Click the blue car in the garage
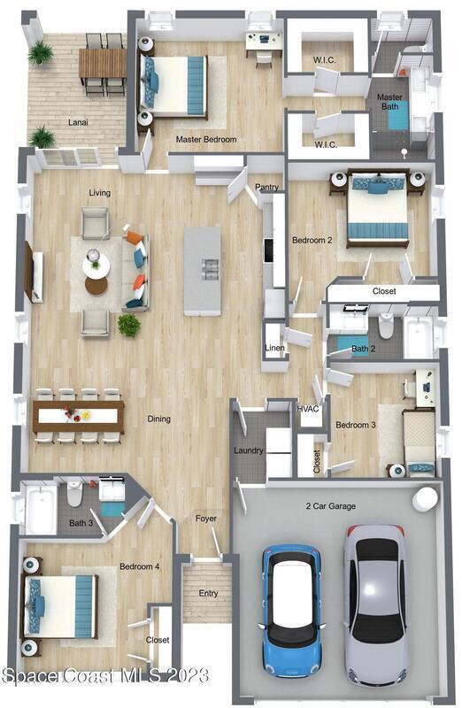point(292,611)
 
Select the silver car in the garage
point(375,605)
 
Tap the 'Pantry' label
point(266,187)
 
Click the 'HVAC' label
point(308,409)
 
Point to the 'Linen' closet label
point(274,348)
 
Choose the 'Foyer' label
point(206,519)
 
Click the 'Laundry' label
point(249,450)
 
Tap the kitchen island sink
point(210,268)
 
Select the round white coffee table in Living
point(96,265)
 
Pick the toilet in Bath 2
point(386,326)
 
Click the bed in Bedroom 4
point(60,606)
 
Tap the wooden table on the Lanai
point(103,63)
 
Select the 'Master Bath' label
point(389,102)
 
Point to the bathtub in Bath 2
point(419,338)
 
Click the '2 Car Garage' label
point(331,506)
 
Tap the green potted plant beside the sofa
point(129,325)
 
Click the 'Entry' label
point(208,593)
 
